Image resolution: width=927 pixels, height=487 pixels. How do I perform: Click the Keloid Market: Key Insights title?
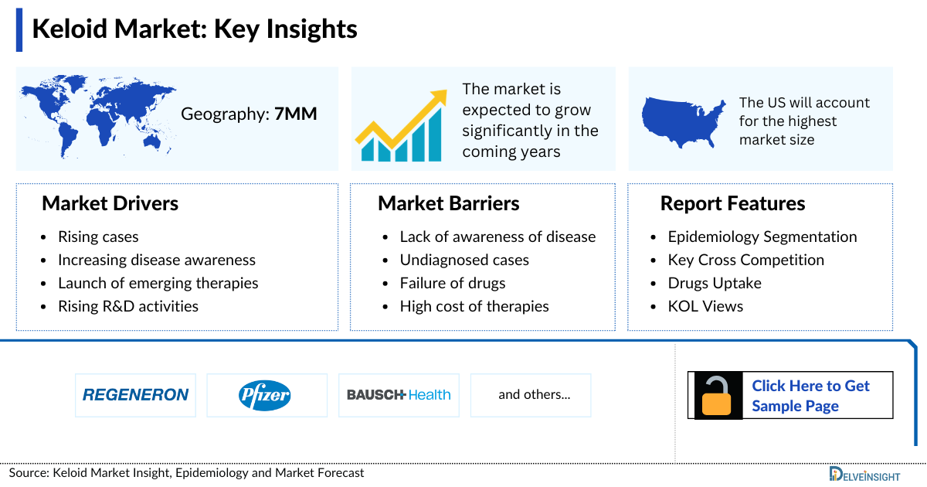tap(194, 29)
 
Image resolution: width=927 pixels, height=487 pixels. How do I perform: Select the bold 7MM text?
tap(296, 114)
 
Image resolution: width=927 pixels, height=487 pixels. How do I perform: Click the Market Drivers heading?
tap(110, 203)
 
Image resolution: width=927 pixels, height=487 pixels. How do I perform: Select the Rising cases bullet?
tap(98, 237)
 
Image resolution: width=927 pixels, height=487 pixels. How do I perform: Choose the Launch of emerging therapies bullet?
tap(158, 283)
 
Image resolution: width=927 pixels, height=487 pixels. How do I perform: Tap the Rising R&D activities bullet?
tap(127, 306)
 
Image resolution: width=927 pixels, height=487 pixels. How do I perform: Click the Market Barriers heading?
tap(448, 203)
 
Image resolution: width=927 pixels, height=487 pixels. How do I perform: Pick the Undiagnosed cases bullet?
tap(464, 260)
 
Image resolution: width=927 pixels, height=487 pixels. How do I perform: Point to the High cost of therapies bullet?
tap(474, 306)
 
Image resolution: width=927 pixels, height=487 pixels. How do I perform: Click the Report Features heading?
tap(732, 203)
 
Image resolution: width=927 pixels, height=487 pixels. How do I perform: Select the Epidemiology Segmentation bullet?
tap(762, 237)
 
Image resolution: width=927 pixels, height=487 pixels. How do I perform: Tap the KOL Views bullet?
tap(705, 306)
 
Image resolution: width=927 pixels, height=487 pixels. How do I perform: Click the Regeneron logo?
tap(135, 395)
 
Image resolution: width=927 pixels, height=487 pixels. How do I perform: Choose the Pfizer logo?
tap(265, 395)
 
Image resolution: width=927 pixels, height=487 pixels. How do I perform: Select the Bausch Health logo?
tap(399, 395)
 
